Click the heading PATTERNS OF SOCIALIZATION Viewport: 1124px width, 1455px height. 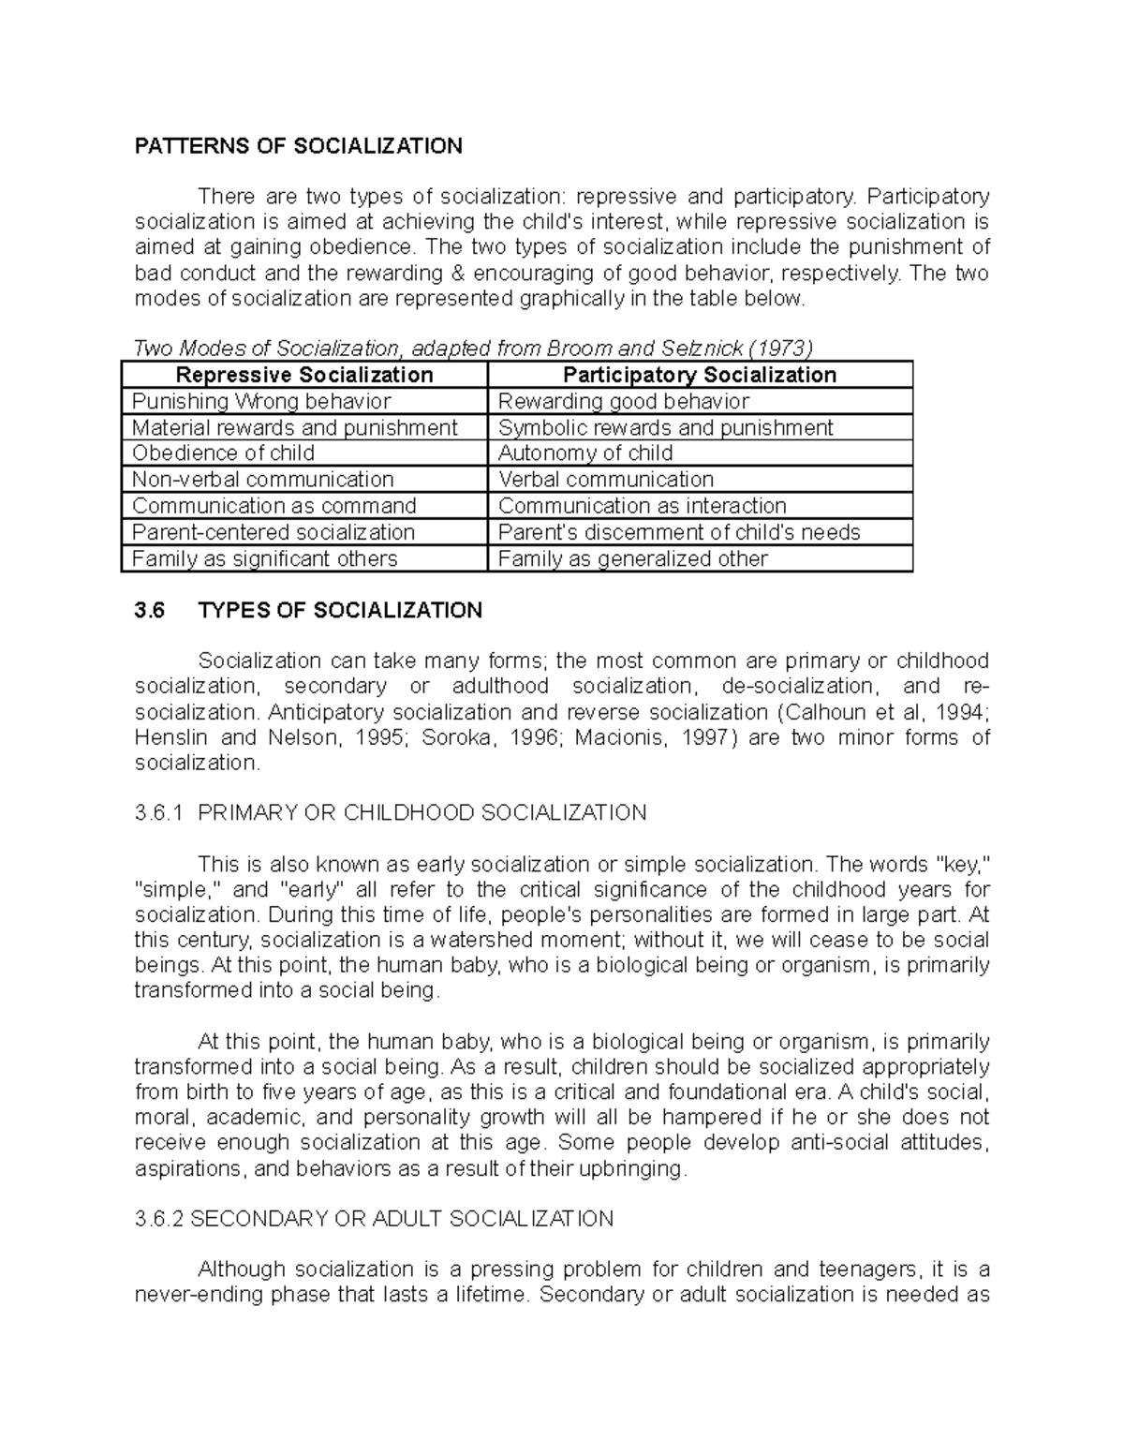pos(298,146)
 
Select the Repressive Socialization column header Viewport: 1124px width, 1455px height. pos(304,376)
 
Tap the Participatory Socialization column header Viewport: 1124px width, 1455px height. pos(699,376)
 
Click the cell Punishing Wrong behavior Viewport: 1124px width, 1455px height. pos(261,402)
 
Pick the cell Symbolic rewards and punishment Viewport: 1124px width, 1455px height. pos(665,428)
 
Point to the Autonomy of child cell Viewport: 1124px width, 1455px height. pos(585,453)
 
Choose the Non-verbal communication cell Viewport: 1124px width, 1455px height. pos(262,480)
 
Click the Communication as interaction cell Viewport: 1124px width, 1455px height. pos(642,506)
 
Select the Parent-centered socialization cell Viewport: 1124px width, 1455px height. pos(273,532)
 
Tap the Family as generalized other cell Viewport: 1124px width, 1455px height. pos(632,559)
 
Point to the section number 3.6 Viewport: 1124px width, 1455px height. pos(149,611)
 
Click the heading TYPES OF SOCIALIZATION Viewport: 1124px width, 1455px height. pos(340,611)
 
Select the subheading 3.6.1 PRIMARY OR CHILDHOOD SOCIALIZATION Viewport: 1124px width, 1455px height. pos(391,812)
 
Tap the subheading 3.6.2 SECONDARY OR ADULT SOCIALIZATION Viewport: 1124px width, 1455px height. pos(374,1219)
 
